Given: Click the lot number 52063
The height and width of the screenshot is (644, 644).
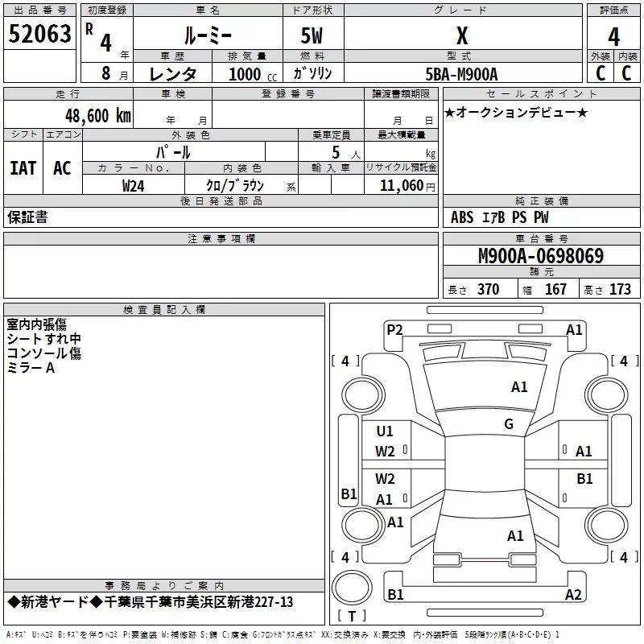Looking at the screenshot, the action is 39,34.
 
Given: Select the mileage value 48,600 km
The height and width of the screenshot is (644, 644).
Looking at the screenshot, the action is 98,116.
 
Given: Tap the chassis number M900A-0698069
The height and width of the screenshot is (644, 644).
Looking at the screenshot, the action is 541,256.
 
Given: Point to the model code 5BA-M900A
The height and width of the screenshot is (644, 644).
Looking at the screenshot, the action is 461,74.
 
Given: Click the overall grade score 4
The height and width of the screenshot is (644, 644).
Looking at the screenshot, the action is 613,37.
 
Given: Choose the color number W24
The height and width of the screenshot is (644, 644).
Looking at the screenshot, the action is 133,186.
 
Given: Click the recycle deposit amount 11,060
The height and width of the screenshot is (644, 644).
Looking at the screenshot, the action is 401,186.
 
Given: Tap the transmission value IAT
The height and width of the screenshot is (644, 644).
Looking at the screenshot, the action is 23,168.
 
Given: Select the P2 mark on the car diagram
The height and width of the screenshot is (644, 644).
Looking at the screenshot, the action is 394,329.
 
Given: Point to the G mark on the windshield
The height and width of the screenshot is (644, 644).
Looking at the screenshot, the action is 509,424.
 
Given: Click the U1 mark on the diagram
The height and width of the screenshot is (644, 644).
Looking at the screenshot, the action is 385,431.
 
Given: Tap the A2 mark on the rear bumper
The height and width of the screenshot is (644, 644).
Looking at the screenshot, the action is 573,594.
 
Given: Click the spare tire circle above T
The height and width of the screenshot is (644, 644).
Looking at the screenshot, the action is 352,588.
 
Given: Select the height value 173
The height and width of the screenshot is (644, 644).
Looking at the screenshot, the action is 620,290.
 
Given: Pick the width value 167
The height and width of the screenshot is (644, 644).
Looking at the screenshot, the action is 555,290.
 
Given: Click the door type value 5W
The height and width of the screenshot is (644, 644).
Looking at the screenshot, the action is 312,35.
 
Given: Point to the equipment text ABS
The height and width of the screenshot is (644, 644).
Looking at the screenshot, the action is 462,217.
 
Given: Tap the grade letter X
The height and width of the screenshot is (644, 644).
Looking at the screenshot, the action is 462,35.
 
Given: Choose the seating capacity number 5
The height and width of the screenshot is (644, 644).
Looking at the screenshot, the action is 336,152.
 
